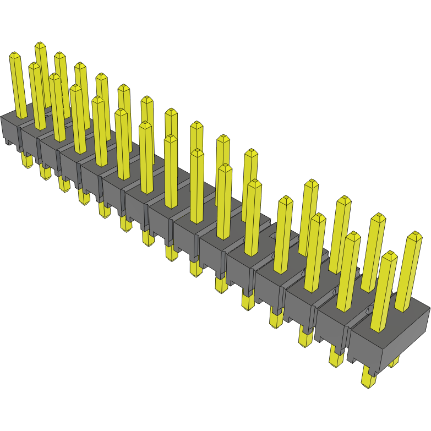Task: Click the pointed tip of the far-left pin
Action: [15, 55]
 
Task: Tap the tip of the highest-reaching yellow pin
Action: [40, 45]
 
